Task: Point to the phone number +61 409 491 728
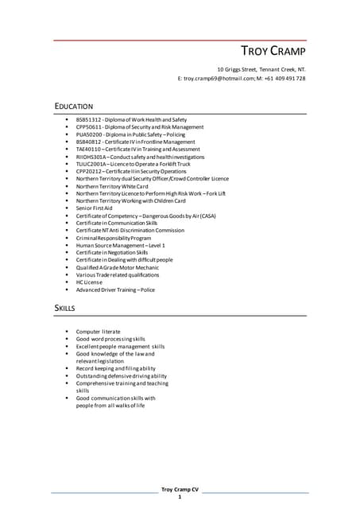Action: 287,79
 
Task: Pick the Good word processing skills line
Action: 110,339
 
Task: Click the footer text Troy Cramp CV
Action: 180,489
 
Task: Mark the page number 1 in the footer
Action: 180,497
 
